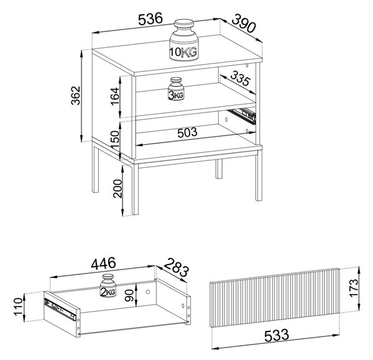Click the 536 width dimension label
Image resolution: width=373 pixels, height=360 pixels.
coord(150,19)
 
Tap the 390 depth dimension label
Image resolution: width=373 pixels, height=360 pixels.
coord(244,23)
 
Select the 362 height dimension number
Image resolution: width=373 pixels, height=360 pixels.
coord(76,96)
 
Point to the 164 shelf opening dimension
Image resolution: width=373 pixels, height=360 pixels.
coord(114,96)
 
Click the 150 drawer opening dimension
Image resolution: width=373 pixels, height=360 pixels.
coord(114,140)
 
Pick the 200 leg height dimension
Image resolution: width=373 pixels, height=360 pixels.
coord(117,188)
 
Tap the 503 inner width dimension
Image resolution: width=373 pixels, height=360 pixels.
coord(188,132)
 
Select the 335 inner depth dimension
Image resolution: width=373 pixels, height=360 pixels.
coord(240,78)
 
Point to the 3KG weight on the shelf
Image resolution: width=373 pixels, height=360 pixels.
coord(176,88)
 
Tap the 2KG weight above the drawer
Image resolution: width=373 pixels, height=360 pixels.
coord(108,285)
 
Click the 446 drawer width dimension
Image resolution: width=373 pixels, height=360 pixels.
coord(104,264)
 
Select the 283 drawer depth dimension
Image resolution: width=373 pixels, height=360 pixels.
coord(177,267)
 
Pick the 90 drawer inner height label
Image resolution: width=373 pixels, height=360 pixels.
coord(130,295)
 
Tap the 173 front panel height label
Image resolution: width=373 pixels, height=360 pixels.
coord(354,288)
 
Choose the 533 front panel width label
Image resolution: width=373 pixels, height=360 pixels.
coord(277,335)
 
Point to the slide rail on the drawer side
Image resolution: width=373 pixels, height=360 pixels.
coord(60,308)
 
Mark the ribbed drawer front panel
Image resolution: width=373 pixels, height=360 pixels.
coord(275,298)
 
